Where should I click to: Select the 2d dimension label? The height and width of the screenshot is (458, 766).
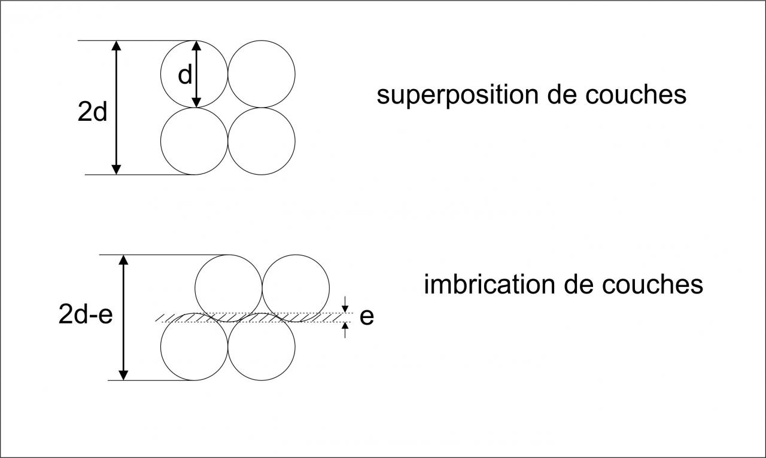[92, 112]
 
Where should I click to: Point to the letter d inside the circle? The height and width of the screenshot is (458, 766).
[185, 75]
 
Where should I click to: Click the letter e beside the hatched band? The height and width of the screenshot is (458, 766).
[367, 317]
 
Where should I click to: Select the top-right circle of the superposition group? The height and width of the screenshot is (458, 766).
[262, 74]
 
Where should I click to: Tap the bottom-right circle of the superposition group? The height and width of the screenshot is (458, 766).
[262, 141]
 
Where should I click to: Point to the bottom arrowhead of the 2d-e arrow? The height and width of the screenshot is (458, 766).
[123, 374]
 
